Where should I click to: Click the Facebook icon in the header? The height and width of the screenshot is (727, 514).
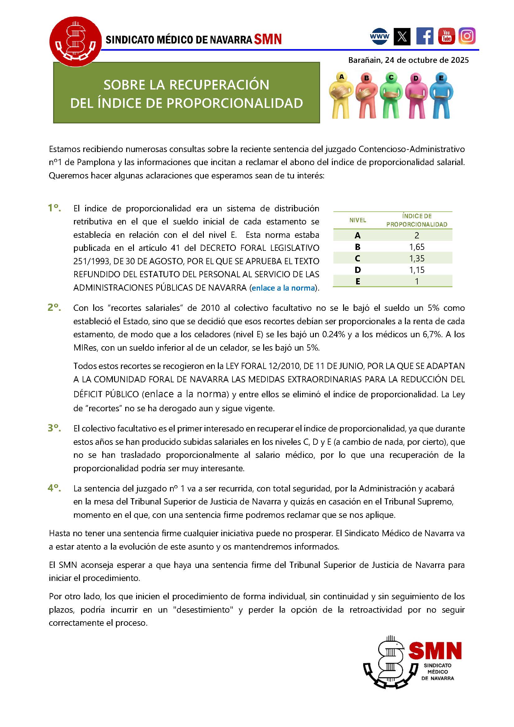pyautogui.click(x=425, y=36)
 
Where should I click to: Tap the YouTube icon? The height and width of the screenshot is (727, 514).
pyautogui.click(x=446, y=36)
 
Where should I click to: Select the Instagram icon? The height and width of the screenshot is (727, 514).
pyautogui.click(x=467, y=36)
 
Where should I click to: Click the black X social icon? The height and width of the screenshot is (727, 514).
pyautogui.click(x=402, y=36)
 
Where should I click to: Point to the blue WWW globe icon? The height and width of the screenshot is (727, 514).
pyautogui.click(x=379, y=36)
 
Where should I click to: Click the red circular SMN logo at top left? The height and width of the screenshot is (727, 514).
pyautogui.click(x=75, y=41)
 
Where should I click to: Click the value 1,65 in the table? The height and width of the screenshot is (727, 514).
pyautogui.click(x=416, y=247)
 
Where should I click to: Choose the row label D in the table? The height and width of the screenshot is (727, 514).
pyautogui.click(x=358, y=270)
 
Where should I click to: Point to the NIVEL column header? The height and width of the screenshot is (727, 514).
pyautogui.click(x=358, y=220)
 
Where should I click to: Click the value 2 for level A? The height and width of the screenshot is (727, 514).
pyautogui.click(x=416, y=235)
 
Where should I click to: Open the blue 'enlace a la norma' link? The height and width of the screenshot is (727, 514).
pyautogui.click(x=283, y=288)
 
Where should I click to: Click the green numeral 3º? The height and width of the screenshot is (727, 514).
pyautogui.click(x=54, y=428)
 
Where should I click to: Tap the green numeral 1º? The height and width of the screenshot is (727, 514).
pyautogui.click(x=54, y=208)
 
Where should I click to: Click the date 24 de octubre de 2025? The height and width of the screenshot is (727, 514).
pyautogui.click(x=427, y=60)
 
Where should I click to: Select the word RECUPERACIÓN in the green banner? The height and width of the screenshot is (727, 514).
pyautogui.click(x=219, y=85)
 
